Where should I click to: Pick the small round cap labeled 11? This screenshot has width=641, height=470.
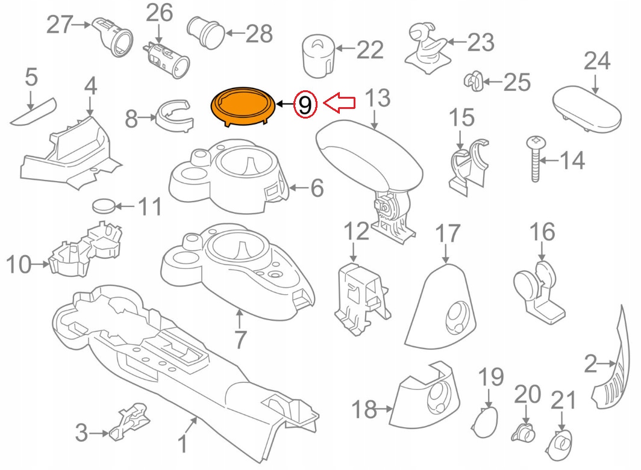(x=104, y=206)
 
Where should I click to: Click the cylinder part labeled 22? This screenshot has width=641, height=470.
(x=317, y=55)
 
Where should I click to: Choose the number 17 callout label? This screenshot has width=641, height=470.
(x=448, y=234)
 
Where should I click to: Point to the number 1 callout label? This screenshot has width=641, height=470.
(x=182, y=445)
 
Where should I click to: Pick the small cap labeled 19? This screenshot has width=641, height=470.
(x=486, y=423)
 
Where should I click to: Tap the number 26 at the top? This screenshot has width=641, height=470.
(x=158, y=12)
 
